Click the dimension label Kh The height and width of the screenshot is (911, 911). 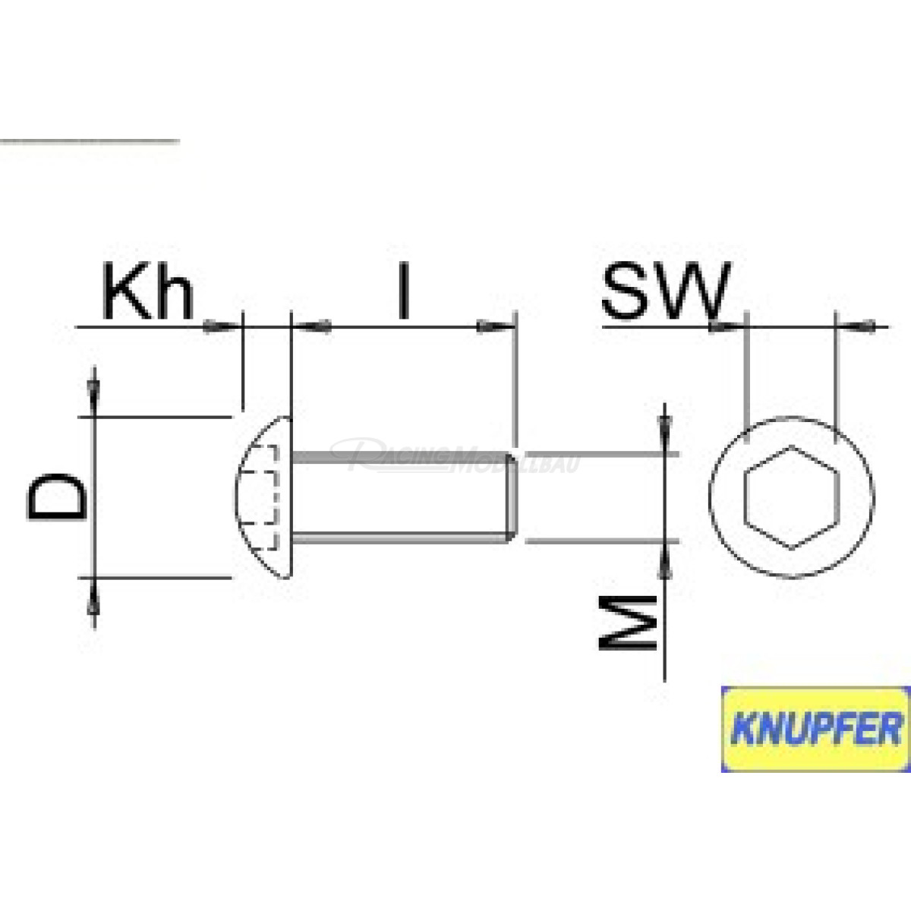(x=149, y=294)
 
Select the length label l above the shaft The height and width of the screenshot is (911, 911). (x=404, y=292)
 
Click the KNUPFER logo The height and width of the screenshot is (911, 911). (x=815, y=729)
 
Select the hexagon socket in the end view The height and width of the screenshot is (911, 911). (x=792, y=496)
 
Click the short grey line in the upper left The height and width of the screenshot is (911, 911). (x=90, y=141)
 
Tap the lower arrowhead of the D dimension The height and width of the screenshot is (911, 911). (x=93, y=604)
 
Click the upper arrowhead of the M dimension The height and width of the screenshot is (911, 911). (x=665, y=425)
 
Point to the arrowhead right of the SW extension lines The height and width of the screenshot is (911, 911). (x=865, y=326)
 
